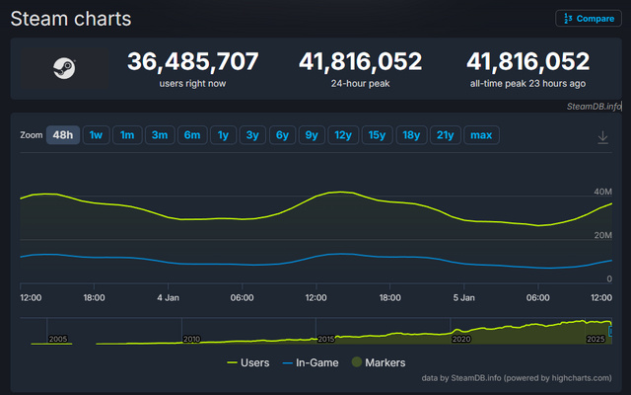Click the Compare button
pos(589,18)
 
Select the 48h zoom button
pos(63,135)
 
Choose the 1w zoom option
pos(96,135)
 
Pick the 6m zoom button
pos(191,135)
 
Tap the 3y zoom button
pos(253,135)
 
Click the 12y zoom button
pos(342,135)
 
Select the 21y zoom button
pos(445,135)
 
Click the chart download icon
pos(602,136)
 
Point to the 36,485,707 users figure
pos(193,61)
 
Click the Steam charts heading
pos(70,19)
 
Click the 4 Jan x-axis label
pos(168,296)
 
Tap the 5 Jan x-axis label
pos(463,296)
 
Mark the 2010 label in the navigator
pos(191,339)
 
